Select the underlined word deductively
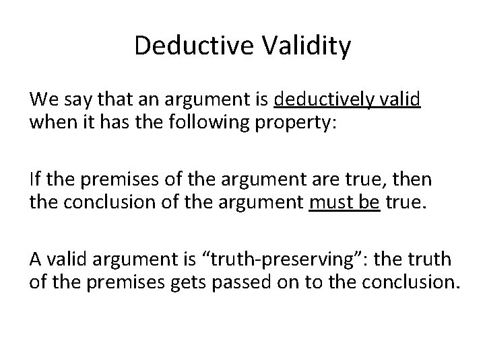pyautogui.click(x=323, y=101)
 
